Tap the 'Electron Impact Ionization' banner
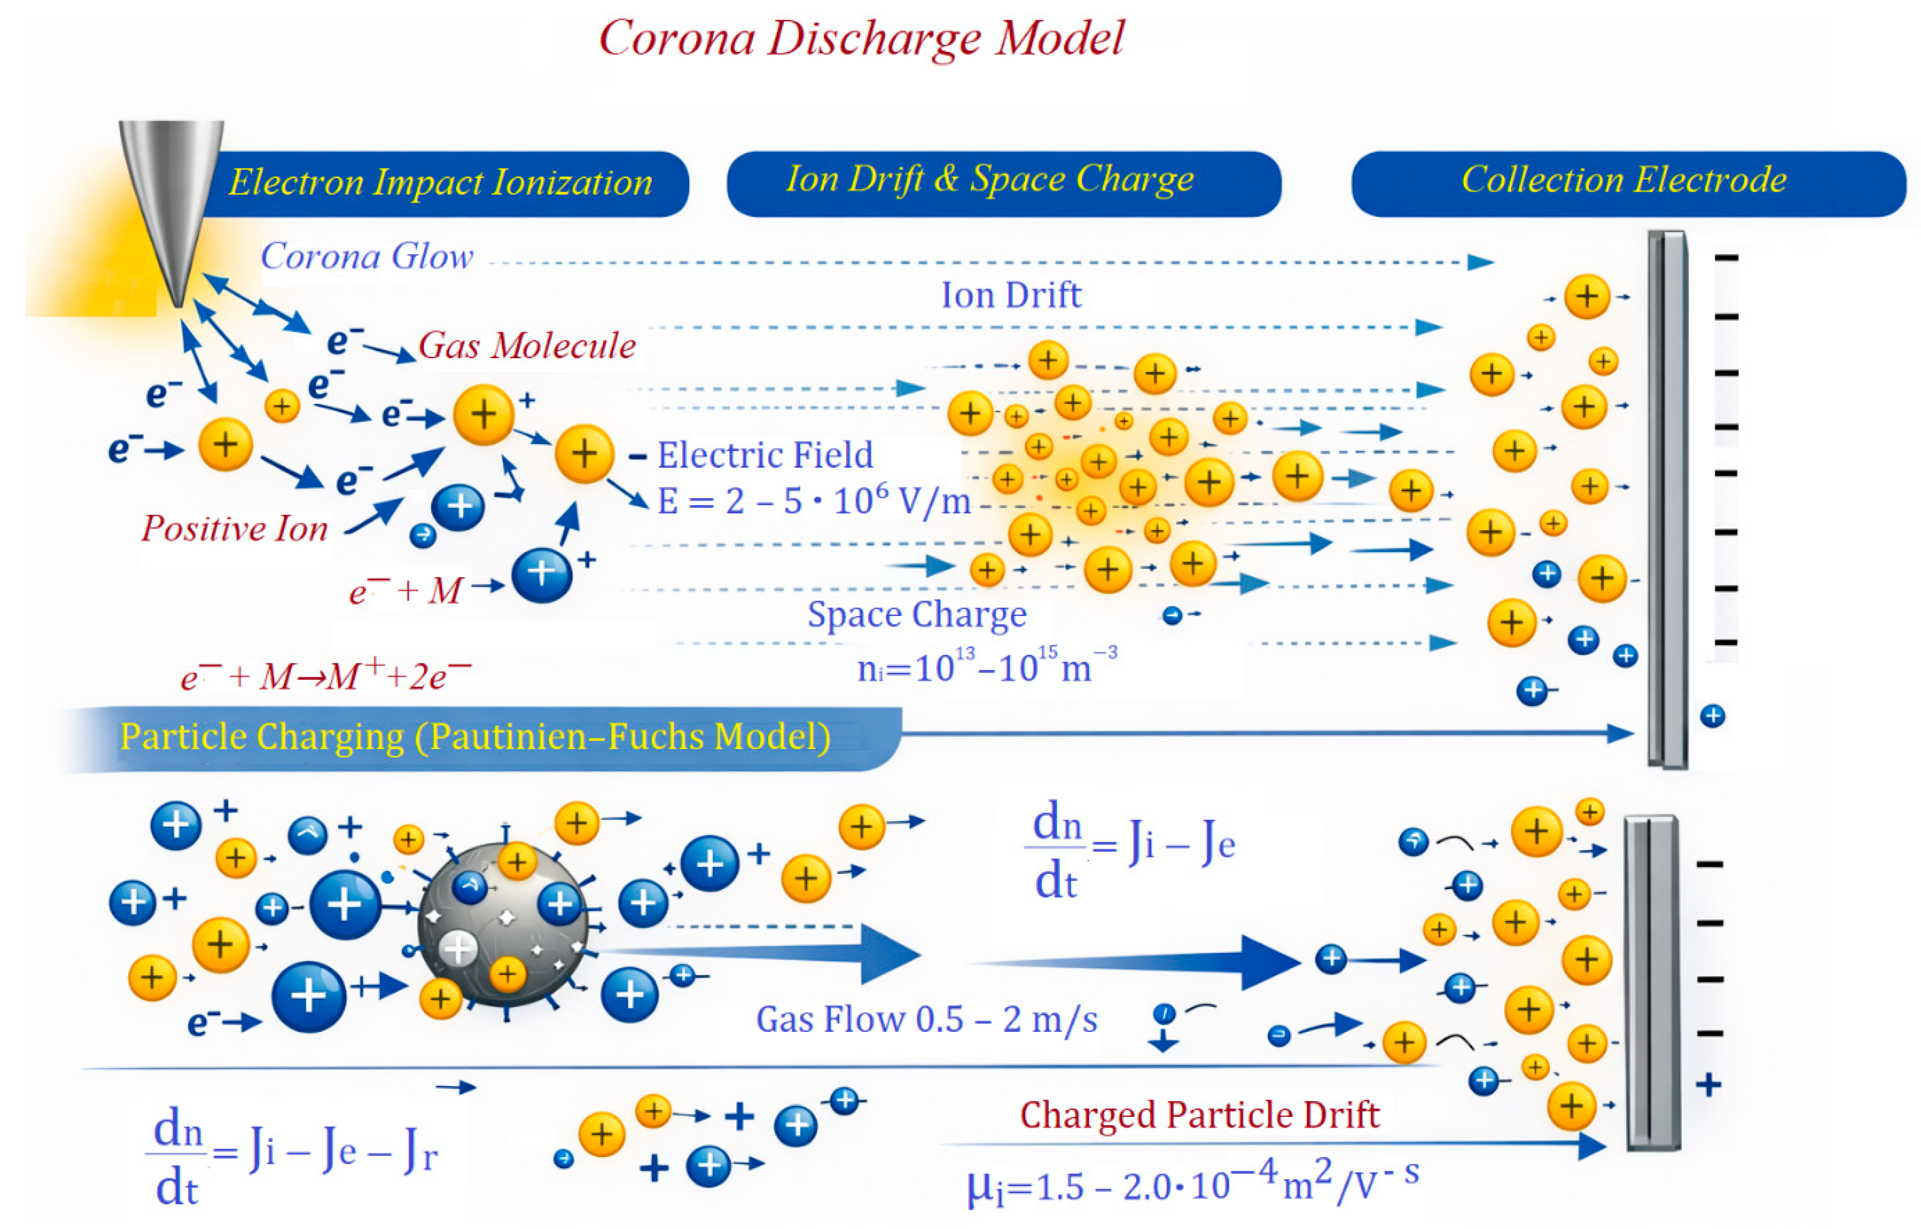(441, 183)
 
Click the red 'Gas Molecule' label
(527, 345)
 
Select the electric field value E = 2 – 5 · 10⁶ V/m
(814, 502)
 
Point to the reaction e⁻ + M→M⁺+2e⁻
(325, 677)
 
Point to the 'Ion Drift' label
(1011, 295)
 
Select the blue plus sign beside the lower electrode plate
(1708, 1085)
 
